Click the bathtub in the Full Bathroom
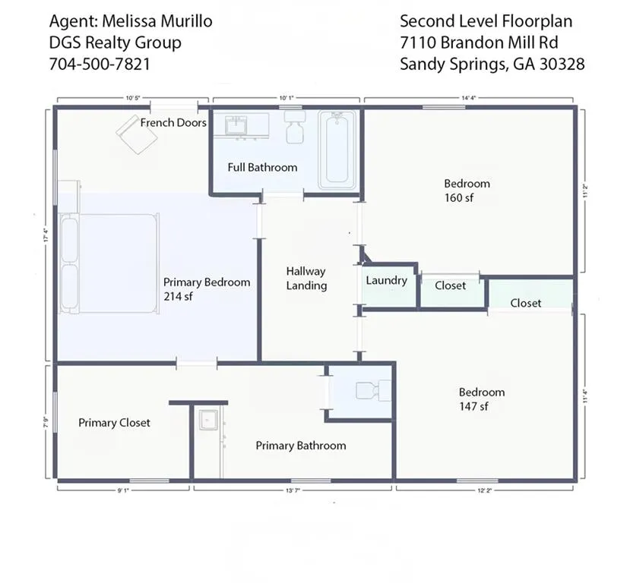[x=337, y=150]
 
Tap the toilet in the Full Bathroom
[x=294, y=129]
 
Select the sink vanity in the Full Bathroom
[x=239, y=126]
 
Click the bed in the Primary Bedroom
[x=110, y=263]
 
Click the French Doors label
[x=173, y=122]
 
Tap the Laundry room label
[x=386, y=281]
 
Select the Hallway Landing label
[x=306, y=279]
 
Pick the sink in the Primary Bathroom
[x=207, y=421]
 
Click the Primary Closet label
[x=114, y=423]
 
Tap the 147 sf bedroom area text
[x=473, y=407]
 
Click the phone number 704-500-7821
[x=99, y=64]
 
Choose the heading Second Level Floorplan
[x=486, y=21]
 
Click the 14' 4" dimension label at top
[x=468, y=98]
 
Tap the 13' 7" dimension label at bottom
[x=293, y=491]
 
